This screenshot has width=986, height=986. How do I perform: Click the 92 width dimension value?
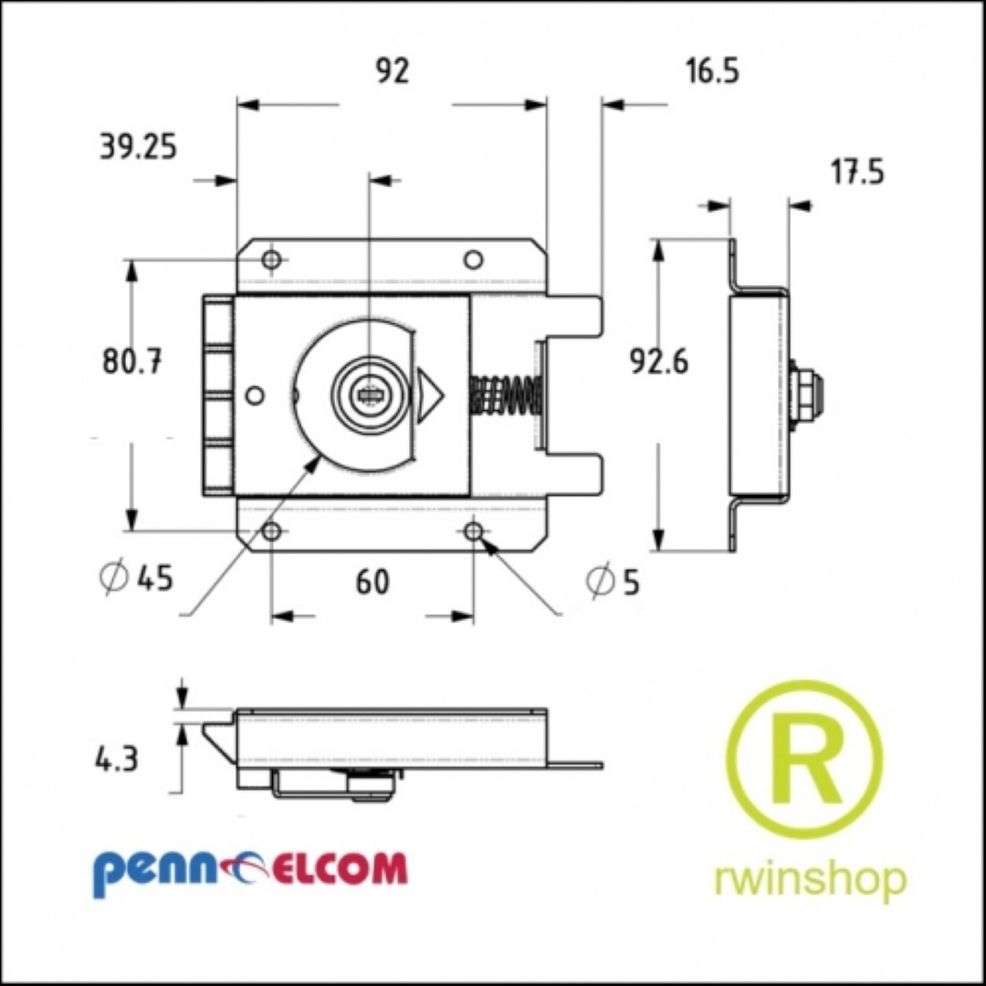tap(393, 70)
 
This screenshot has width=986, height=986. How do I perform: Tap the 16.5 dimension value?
tap(712, 70)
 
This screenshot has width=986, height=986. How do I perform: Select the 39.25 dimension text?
tap(139, 148)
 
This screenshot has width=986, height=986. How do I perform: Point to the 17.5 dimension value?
tap(857, 172)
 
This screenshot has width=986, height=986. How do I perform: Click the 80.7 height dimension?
tap(132, 362)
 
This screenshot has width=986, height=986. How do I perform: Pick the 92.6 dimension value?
tap(659, 362)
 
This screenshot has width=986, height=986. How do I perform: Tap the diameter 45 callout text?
tap(136, 577)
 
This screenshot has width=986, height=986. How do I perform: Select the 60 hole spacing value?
tap(372, 582)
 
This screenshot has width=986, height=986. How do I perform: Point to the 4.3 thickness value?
tap(116, 760)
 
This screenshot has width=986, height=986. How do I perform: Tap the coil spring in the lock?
tap(506, 395)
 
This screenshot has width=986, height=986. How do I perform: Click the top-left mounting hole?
tap(272, 259)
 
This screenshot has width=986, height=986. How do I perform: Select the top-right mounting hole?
tap(474, 259)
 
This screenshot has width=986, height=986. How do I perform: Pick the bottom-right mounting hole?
tap(474, 531)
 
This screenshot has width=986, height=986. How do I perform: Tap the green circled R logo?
tap(804, 760)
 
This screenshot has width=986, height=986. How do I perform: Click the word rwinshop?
tap(811, 878)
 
